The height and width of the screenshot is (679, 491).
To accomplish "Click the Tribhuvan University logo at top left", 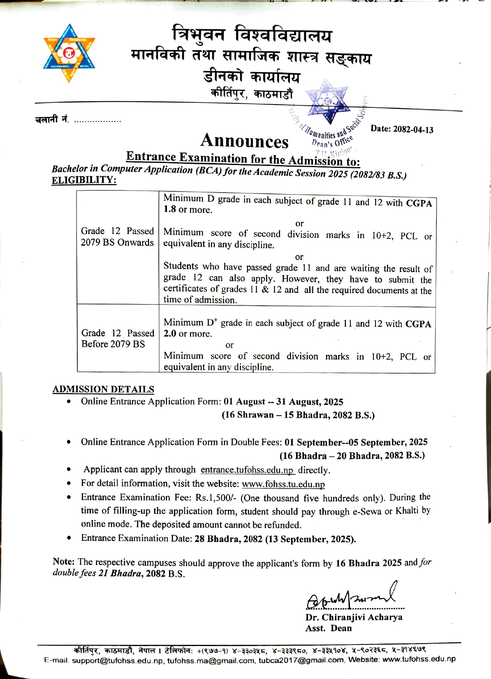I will point(69,53).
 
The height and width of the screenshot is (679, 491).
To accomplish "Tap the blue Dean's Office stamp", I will point(329,116).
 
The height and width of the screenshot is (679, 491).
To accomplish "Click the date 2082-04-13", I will point(413,129).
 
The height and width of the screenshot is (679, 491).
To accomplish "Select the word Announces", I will point(244,141).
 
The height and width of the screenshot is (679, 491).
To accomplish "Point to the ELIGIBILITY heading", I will point(84,180).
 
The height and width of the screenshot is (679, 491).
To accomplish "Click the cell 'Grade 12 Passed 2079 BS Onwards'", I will point(117,237).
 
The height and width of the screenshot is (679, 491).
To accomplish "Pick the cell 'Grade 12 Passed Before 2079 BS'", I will point(118,338).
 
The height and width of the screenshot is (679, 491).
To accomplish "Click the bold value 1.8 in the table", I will point(169,209).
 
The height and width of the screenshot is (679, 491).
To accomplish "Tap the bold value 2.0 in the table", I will point(169,333).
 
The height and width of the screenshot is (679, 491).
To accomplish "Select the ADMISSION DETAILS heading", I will point(103,389).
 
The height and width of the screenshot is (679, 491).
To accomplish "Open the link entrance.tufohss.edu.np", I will point(247,470).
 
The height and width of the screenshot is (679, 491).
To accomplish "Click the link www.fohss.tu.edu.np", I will point(283,484).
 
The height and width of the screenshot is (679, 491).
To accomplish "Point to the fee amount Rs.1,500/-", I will point(216,498).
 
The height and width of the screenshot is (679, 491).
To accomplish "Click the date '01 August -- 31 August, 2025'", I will point(283,402).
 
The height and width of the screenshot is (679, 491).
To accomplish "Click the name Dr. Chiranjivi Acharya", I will point(354,617).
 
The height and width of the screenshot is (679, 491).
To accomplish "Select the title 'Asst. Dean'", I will point(329,628).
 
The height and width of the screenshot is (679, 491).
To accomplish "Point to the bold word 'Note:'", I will point(63,562).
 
